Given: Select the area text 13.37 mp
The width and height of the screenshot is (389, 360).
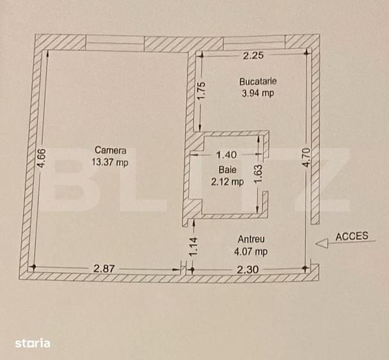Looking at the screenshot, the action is coord(110,162).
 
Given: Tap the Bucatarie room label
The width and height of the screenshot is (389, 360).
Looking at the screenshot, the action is coord(258,81).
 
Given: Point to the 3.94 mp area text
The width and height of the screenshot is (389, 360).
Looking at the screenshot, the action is coord(258,93).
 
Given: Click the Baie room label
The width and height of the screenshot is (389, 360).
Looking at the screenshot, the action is coord(228,170).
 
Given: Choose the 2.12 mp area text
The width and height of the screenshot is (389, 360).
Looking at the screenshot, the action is coord(228,182).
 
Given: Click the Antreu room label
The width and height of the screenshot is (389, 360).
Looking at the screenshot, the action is coord(251,239).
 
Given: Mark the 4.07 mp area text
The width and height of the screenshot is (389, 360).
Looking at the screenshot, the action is coord(251,252).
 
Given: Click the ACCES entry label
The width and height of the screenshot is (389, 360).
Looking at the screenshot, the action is coord(352,237).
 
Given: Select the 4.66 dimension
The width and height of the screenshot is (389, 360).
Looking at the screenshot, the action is coord(42,158).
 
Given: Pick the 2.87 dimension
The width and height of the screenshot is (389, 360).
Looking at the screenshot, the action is coord(104,269).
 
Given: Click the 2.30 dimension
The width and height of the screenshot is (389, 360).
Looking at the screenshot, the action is coord(248,269).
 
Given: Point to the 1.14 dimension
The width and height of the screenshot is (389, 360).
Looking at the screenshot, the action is coord(193,247).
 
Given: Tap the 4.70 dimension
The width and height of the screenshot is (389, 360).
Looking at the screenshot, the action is coord(307,158).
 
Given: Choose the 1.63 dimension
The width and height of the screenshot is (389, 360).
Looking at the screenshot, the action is coord(258,174).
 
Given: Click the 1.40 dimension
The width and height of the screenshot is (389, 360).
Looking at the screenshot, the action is coord(226,155).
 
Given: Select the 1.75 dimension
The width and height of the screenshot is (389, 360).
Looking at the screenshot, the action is coord(202,91).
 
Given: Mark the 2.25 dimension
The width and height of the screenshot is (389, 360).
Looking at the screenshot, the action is coord(253,56).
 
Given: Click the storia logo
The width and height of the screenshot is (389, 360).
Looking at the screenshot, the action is coord(33,343).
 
